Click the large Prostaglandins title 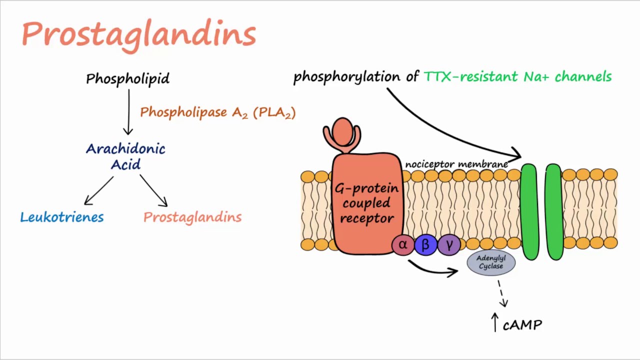coord(139,35)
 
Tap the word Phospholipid coord(127,78)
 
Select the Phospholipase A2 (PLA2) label coord(217,112)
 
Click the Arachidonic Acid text coord(125,156)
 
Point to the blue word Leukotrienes coord(62,217)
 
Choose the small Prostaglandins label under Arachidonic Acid coord(192,217)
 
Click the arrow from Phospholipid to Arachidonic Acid coord(128,112)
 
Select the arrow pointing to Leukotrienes coord(99,190)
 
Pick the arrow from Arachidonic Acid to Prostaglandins coord(153,190)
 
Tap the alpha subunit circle coord(403,244)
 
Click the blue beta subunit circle coord(425,245)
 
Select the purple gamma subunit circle coord(449,245)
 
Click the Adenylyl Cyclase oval coord(491,262)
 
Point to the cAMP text coord(522,325)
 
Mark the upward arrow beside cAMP coord(495,322)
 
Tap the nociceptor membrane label coord(456,164)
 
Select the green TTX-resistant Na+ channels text coord(517,77)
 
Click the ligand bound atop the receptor coord(342,135)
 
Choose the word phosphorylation coord(347,77)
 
